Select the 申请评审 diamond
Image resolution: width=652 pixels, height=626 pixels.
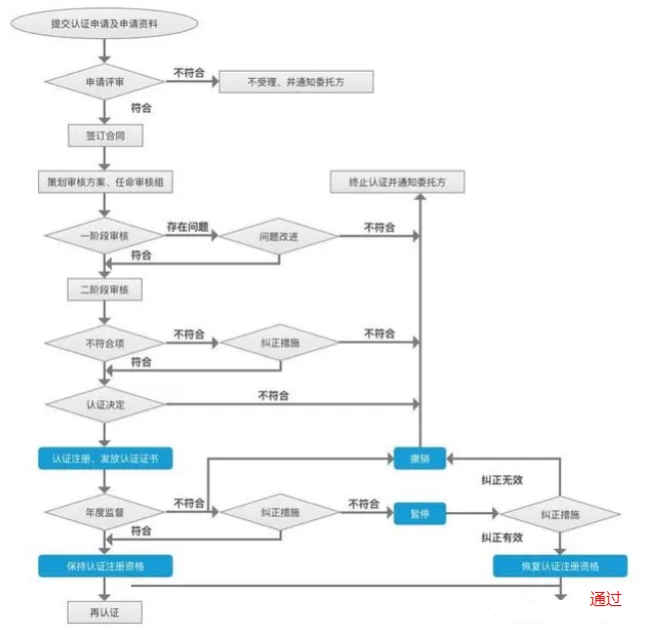104,81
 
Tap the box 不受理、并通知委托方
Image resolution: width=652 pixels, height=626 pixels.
296,81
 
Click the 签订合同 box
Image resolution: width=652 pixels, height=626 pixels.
104,134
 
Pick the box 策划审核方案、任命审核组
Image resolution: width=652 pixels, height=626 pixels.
104,183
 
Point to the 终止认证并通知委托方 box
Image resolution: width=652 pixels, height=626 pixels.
397,183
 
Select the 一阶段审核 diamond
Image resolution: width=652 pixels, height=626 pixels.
104,236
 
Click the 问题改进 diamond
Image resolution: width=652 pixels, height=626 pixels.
279,237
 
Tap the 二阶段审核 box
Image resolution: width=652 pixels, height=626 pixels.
104,290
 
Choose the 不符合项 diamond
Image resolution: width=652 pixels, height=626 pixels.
104,342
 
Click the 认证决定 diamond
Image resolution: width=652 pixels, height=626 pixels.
104,404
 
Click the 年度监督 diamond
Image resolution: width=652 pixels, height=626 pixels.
104,511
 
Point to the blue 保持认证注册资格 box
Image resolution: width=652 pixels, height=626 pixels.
105,565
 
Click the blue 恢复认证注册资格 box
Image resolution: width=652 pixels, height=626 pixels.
560,566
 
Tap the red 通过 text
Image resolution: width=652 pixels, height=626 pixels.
605,599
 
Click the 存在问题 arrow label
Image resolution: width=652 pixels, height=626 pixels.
188,228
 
